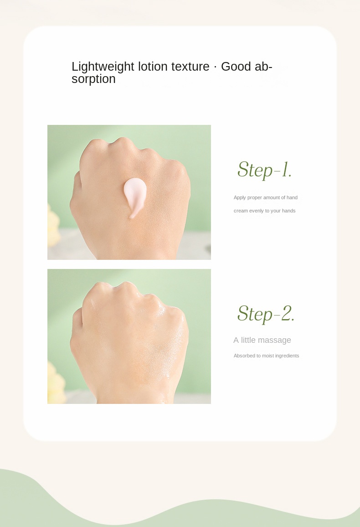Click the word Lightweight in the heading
(103, 67)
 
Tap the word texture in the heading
(190, 67)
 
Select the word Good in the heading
(236, 66)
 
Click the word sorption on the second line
(93, 79)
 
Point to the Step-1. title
(265, 170)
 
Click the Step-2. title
(266, 314)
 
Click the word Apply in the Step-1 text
(240, 198)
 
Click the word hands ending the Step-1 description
(289, 211)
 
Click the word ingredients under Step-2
(287, 356)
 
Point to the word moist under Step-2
(267, 356)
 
